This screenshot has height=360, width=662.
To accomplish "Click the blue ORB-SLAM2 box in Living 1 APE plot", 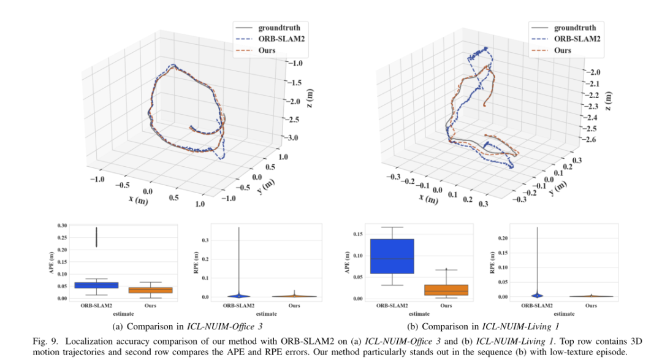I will coord(392,256).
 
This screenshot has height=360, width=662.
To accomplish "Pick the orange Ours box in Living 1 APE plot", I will coord(446,289).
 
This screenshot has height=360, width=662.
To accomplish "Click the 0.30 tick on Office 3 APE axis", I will coord(61,226).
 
